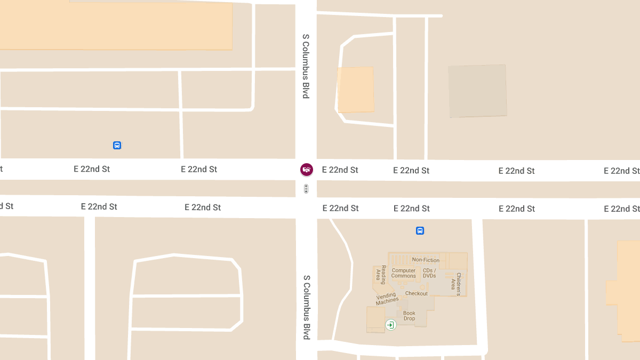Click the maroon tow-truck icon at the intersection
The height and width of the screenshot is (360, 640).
pyautogui.click(x=307, y=170)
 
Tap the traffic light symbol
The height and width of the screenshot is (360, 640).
pyautogui.click(x=306, y=188)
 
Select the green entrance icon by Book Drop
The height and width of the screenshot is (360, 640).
pyautogui.click(x=391, y=325)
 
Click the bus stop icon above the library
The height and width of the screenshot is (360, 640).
pyautogui.click(x=420, y=231)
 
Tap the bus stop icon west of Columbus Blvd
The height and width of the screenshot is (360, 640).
pyautogui.click(x=117, y=145)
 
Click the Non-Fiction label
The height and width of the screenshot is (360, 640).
pyautogui.click(x=426, y=260)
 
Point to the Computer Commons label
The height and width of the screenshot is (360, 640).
pyautogui.click(x=404, y=273)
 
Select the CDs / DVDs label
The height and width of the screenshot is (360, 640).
pyautogui.click(x=429, y=273)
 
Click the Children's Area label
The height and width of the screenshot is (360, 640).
pyautogui.click(x=456, y=284)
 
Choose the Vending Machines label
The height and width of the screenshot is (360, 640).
pyautogui.click(x=387, y=299)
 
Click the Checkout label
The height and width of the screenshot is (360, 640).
pyautogui.click(x=416, y=293)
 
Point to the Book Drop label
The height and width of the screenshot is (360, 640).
pyautogui.click(x=409, y=316)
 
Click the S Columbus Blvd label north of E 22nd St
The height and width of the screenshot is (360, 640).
pyautogui.click(x=306, y=66)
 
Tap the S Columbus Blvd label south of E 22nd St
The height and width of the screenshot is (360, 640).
pyautogui.click(x=307, y=307)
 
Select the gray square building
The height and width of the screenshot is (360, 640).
pyautogui.click(x=477, y=91)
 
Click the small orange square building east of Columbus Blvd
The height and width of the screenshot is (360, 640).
pyautogui.click(x=356, y=90)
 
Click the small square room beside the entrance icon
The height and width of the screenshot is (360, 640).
pyautogui.click(x=375, y=319)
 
